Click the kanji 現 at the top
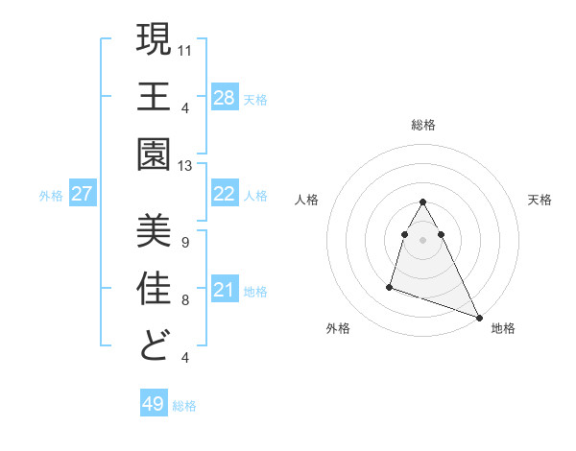pyautogui.click(x=155, y=40)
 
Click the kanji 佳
pyautogui.click(x=155, y=289)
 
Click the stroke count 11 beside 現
pyautogui.click(x=185, y=48)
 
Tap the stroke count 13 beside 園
pyautogui.click(x=185, y=166)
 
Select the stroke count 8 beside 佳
pyautogui.click(x=185, y=299)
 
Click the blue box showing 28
pyautogui.click(x=224, y=97)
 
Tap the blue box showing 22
pyautogui.click(x=224, y=194)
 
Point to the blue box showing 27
pyautogui.click(x=82, y=194)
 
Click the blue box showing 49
pyautogui.click(x=153, y=404)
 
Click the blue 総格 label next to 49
pyautogui.click(x=185, y=406)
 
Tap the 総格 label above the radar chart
pyautogui.click(x=423, y=125)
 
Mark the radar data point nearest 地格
pyautogui.click(x=479, y=318)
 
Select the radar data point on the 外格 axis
pyautogui.click(x=390, y=286)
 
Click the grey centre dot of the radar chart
pyautogui.click(x=423, y=239)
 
